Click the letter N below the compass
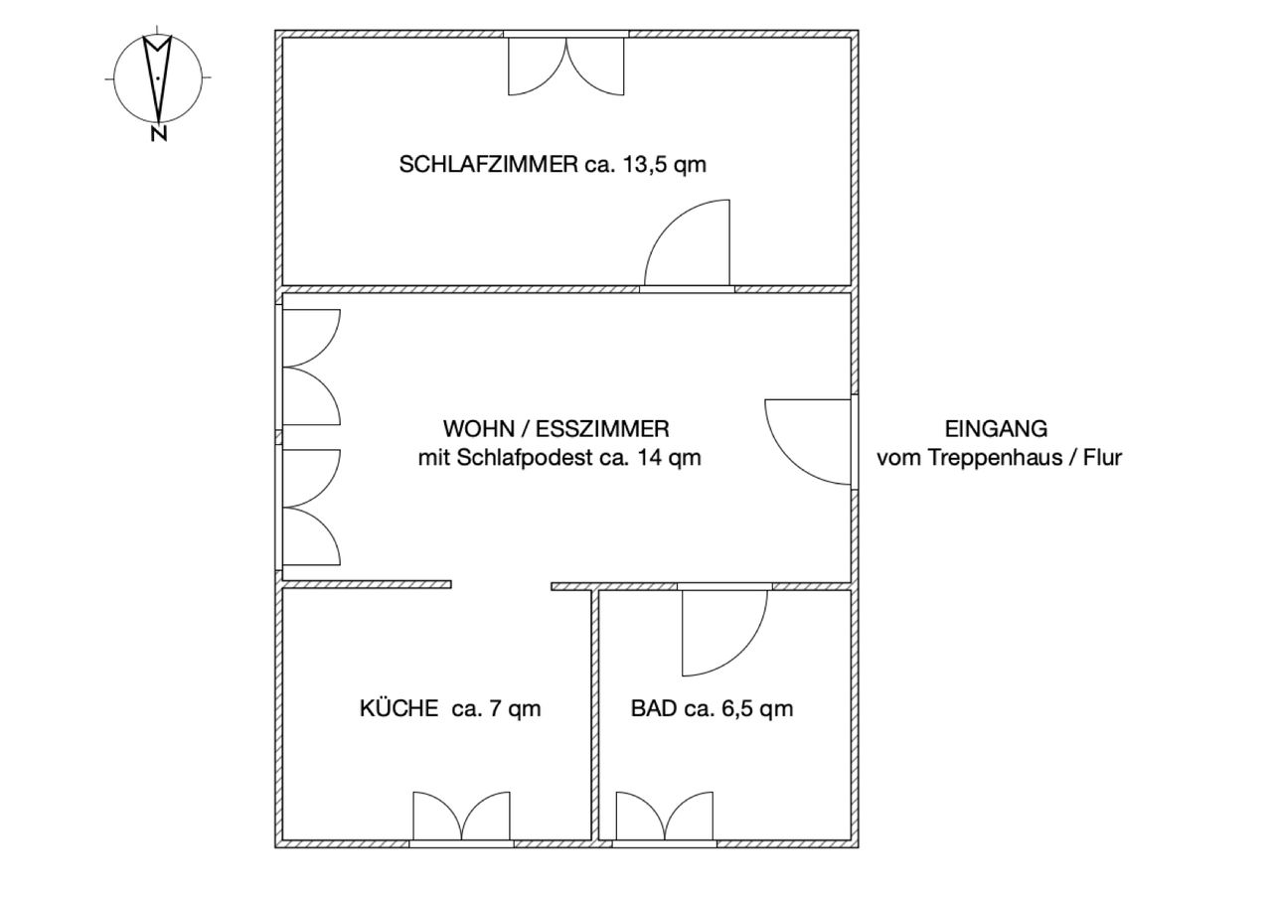click(159, 133)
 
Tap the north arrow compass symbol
click(158, 78)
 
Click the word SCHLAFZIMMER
click(488, 165)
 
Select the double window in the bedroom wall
click(566, 64)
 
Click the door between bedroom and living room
click(687, 245)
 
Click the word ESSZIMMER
click(602, 429)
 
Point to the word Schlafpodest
click(526, 457)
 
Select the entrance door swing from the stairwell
click(809, 442)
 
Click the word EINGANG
click(996, 429)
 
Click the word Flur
click(1102, 457)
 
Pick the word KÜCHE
click(398, 709)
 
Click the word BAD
click(654, 709)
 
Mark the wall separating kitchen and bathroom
click(595, 715)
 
